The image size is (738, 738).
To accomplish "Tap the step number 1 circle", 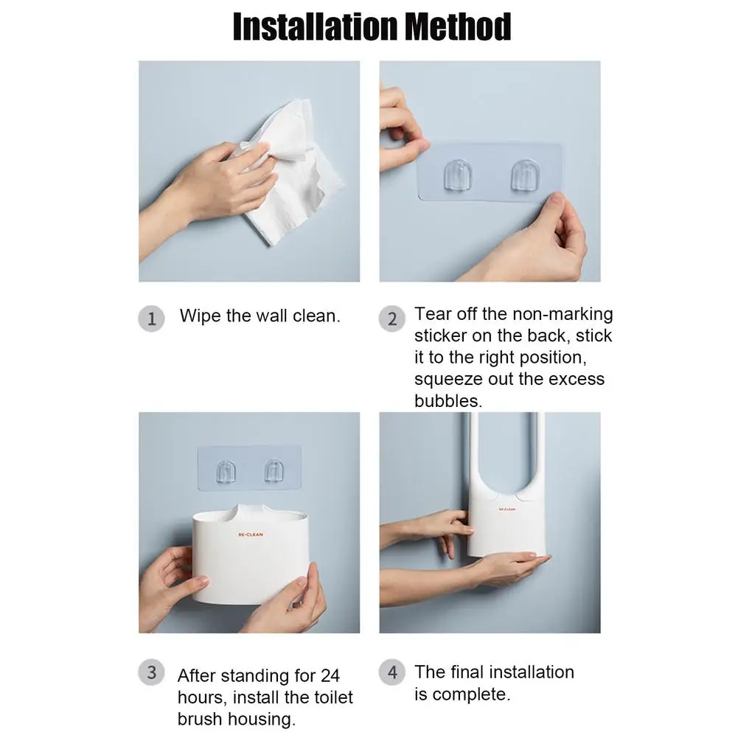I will coord(151,319).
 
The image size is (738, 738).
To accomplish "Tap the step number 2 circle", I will coord(392,319).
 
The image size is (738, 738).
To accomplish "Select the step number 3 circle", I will coord(151,672).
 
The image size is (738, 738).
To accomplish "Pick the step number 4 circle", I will coord(392,672).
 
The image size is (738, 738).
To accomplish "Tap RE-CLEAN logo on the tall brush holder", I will coord(506,509).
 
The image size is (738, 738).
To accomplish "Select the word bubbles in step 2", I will coord(448,401).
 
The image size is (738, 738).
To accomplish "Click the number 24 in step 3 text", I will coord(330,675).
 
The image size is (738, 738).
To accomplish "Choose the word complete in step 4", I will coord(471,694).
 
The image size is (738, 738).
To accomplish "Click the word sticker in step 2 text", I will coord(442,336).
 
